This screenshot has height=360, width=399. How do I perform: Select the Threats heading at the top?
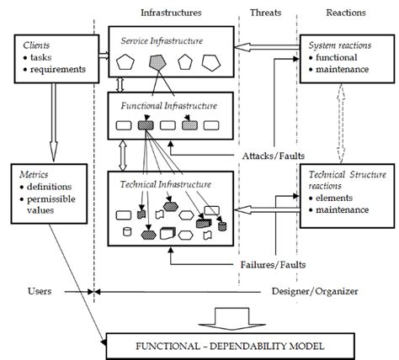[267, 13]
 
